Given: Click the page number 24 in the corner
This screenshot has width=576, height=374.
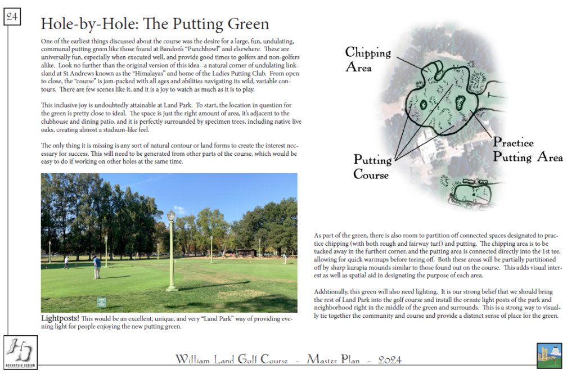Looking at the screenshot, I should (x=12, y=17).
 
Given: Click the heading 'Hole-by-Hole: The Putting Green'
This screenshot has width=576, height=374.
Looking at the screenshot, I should (x=155, y=24).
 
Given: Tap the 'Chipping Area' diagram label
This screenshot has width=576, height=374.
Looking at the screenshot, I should (x=367, y=59).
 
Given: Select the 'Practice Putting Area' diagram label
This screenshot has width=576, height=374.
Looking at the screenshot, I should (x=527, y=150).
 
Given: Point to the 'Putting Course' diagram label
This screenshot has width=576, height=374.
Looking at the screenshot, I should (x=372, y=166).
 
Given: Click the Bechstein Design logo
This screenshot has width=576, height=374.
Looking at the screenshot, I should (x=20, y=352).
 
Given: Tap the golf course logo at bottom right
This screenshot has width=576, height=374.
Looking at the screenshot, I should (x=549, y=355).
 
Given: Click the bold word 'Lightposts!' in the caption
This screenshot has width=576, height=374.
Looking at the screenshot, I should (x=60, y=318).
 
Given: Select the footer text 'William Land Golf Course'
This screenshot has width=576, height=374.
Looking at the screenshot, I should (x=231, y=359).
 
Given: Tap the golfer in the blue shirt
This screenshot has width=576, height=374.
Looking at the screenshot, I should (x=97, y=267).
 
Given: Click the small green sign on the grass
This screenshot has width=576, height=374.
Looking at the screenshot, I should (x=101, y=302).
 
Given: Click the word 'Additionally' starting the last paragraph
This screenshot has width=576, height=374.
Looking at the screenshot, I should (x=331, y=292).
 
